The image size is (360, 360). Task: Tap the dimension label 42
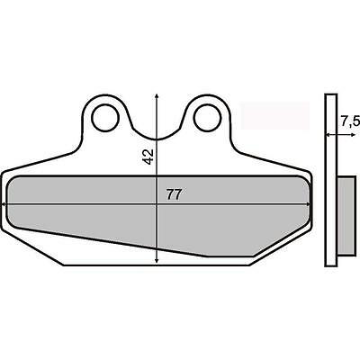pos(148,157)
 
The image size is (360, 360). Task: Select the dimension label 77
pos(175,195)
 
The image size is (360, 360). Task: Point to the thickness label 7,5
pos(350,121)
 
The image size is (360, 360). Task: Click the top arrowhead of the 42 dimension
pos(157,96)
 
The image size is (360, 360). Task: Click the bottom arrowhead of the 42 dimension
pos(157,260)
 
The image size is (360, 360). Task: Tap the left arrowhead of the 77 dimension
pos(4,204)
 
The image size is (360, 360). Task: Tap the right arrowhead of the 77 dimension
pos(308,204)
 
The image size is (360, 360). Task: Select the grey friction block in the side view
pos(346,215)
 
